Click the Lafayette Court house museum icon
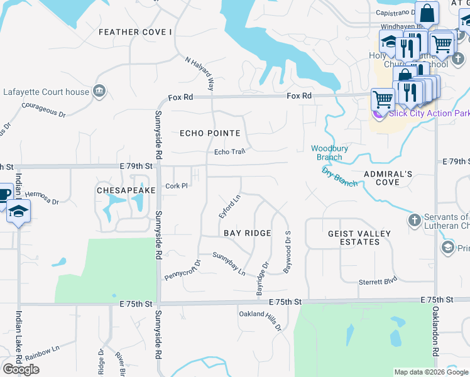(99, 92)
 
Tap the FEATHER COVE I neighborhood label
(134, 32)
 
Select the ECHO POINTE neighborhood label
(210, 133)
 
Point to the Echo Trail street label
(229, 152)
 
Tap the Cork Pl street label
(176, 186)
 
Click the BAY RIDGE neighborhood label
(248, 233)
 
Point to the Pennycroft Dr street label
(182, 271)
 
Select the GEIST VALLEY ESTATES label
(359, 238)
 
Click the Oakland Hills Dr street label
(260, 321)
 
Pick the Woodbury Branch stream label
(326, 153)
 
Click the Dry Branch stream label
(339, 177)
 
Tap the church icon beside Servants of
(413, 220)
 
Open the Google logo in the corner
(21, 369)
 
